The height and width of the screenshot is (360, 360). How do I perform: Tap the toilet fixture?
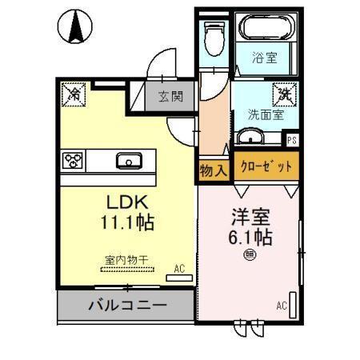coord(213,36)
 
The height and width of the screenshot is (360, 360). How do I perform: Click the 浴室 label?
coord(266,58)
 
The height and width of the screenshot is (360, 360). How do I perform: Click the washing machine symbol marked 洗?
coord(283,93)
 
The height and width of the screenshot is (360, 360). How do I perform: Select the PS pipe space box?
coord(292,140)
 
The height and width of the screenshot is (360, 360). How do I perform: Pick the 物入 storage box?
coord(213,170)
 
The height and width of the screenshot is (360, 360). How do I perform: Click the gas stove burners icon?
coord(74,161)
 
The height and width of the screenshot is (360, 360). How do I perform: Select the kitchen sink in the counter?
coord(129,161)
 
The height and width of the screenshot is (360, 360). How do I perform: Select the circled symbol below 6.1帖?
coord(250,255)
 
